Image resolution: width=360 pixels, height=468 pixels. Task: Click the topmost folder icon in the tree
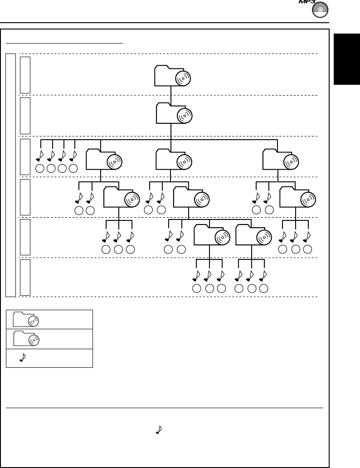(172, 76)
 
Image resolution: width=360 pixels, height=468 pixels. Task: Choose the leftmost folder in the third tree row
(104, 159)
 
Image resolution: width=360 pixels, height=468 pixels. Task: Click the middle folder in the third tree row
(174, 159)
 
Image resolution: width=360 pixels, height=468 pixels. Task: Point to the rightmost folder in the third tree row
(281, 159)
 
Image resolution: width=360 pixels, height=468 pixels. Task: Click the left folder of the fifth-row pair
(211, 236)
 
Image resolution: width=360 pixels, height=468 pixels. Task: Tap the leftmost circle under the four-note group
(39, 169)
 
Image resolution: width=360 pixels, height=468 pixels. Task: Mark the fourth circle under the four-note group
(73, 169)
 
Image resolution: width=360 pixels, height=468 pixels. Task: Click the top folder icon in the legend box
(26, 320)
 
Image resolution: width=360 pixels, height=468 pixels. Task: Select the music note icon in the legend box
(22, 358)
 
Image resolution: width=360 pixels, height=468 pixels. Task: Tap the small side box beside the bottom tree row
(25, 277)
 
